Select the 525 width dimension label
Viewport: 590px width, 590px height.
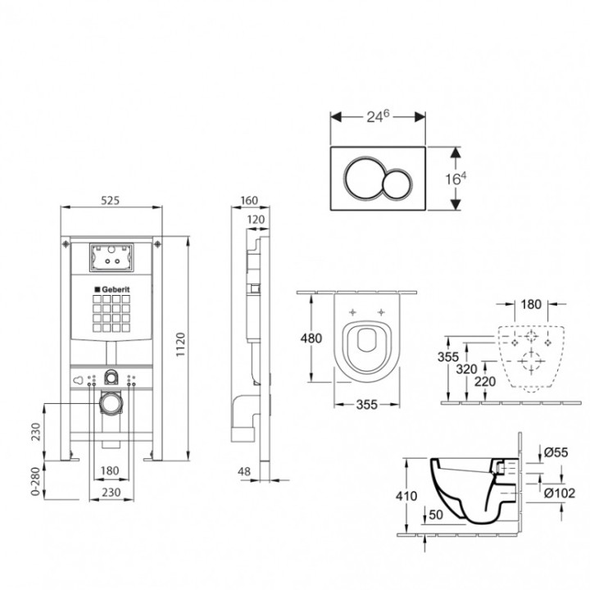click(x=111, y=201)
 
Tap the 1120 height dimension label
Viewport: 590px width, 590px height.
click(x=181, y=345)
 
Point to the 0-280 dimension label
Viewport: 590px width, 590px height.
click(x=35, y=481)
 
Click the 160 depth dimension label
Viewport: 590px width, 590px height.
click(x=249, y=201)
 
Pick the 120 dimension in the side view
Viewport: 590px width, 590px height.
click(x=256, y=220)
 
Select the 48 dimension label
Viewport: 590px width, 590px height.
click(x=244, y=471)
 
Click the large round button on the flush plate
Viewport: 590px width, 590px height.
click(x=363, y=178)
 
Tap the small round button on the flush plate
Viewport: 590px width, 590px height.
click(x=397, y=184)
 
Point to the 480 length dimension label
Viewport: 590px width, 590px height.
click(x=311, y=338)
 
